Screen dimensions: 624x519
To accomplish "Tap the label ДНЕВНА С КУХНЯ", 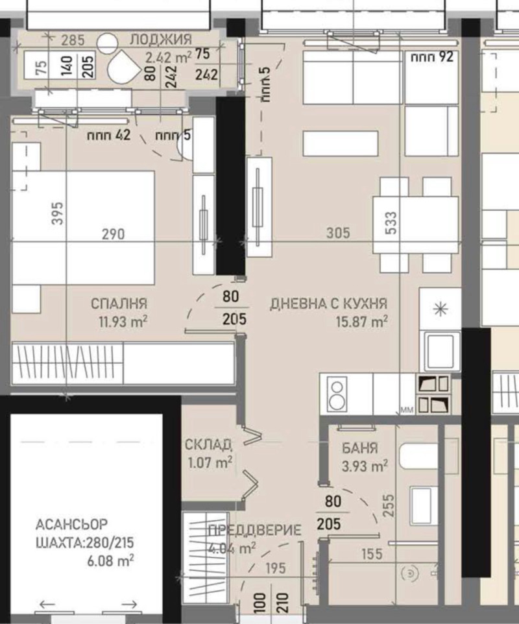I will [x=328, y=303].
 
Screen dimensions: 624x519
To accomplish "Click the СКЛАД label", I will [x=208, y=445].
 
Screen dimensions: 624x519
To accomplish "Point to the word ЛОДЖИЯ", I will [x=160, y=40].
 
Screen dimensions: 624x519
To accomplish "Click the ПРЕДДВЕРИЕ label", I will [x=254, y=531].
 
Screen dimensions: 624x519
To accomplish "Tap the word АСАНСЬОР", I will [x=72, y=523].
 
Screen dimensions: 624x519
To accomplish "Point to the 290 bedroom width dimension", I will [x=112, y=234].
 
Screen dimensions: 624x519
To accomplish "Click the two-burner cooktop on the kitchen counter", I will [x=337, y=393].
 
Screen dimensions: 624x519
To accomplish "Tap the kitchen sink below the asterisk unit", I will [x=441, y=350].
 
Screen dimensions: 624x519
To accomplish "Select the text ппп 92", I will [x=428, y=56].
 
